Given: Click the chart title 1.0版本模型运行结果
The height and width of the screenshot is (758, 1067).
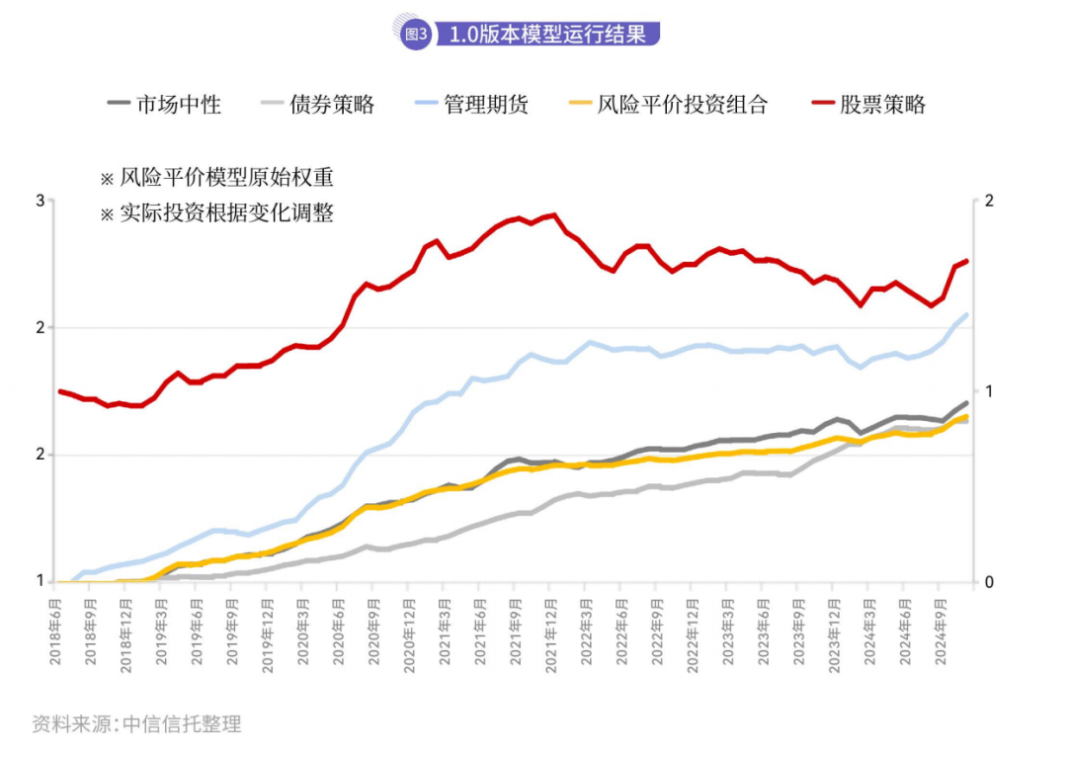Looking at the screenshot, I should click(x=548, y=35).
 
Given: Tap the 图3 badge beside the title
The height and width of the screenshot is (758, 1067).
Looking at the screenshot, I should click(x=416, y=35).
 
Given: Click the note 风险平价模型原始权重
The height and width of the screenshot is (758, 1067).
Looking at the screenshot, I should click(x=226, y=178).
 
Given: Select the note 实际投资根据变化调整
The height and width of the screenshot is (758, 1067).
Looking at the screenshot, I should click(x=226, y=212).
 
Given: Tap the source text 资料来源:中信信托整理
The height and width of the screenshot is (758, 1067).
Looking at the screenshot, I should click(x=136, y=724).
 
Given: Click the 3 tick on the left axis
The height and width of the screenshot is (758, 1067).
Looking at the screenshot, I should click(x=41, y=201).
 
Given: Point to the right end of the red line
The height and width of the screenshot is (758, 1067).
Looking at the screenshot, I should click(x=966, y=261).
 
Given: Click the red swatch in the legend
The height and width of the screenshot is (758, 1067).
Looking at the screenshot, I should click(x=822, y=103).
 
